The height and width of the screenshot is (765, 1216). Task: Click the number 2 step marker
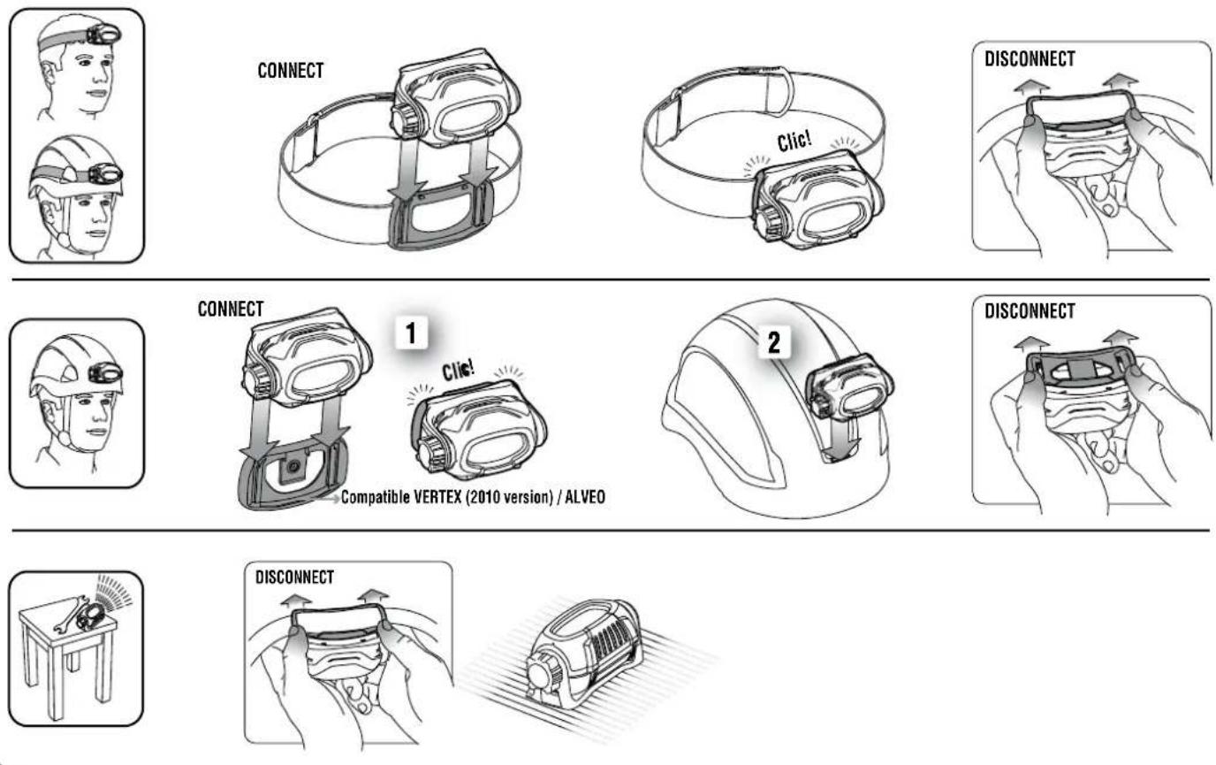click(x=775, y=342)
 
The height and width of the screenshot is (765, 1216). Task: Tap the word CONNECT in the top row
click(x=291, y=72)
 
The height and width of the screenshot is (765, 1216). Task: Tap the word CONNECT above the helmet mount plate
click(x=232, y=310)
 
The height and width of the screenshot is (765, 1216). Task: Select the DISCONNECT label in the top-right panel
click(x=1030, y=59)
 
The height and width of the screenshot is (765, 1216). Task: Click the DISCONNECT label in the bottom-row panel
click(x=294, y=578)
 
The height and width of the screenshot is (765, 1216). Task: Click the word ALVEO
click(x=584, y=498)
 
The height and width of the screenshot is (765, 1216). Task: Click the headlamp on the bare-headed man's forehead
click(x=100, y=35)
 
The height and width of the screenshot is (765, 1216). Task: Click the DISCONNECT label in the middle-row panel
click(x=1030, y=311)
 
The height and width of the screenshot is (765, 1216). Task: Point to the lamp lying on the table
click(x=90, y=616)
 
